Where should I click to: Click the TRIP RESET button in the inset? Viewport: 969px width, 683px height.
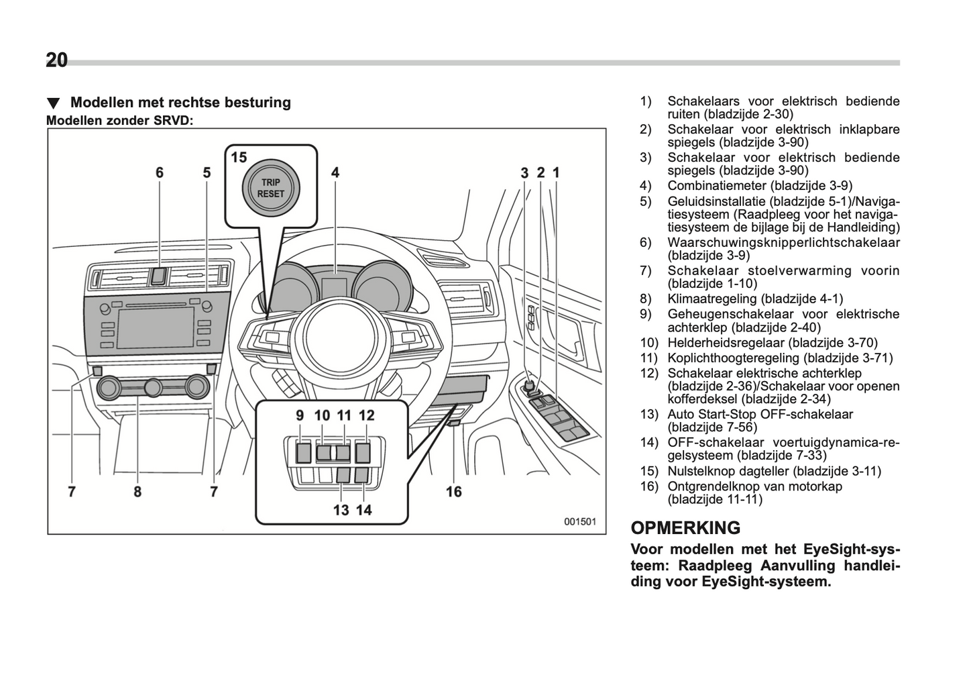point(271,188)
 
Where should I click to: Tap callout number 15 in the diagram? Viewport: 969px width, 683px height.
point(239,158)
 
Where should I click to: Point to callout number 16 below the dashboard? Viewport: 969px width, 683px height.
point(454,492)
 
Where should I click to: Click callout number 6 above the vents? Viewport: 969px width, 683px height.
point(160,172)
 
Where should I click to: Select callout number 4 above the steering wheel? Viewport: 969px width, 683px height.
point(335,172)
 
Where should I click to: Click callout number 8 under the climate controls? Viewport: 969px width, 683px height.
point(137,492)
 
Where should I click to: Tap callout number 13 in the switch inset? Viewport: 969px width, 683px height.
point(341,510)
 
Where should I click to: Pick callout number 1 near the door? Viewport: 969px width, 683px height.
point(556,172)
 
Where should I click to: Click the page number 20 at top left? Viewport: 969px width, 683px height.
point(57,60)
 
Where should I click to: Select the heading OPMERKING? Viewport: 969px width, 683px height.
point(685,528)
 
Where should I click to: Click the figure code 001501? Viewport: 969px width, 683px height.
point(579,521)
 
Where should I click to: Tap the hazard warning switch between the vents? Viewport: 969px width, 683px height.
point(158,274)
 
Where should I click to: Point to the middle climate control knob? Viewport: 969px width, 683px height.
point(154,386)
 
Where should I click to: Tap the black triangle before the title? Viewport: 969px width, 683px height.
point(54,103)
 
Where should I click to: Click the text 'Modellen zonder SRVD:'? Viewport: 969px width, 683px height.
point(119,121)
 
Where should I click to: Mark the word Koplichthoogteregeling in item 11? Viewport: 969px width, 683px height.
point(734,358)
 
